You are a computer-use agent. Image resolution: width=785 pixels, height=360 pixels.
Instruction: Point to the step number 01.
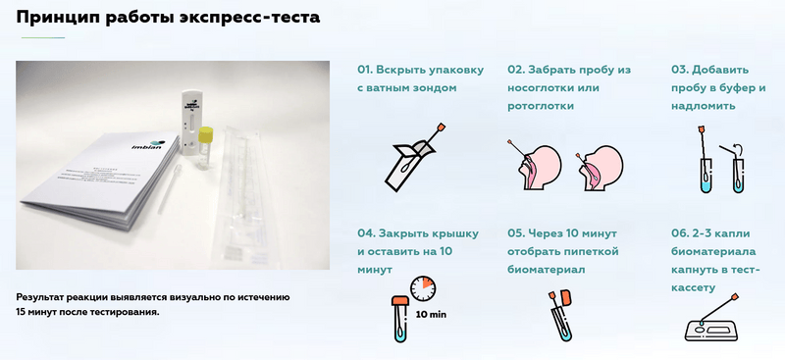364,70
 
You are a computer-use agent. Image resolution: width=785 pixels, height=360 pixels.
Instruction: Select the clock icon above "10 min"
423,287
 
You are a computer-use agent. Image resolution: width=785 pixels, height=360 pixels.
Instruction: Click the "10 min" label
431,315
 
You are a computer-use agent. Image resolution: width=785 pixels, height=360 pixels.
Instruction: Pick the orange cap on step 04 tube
400,301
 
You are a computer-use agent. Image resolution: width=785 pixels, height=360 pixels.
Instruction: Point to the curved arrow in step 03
738,147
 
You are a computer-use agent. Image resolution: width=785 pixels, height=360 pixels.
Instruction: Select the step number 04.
365,233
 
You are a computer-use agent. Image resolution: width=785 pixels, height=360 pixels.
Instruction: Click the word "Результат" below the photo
39,297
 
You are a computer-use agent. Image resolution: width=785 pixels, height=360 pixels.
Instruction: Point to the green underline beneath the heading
43,37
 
